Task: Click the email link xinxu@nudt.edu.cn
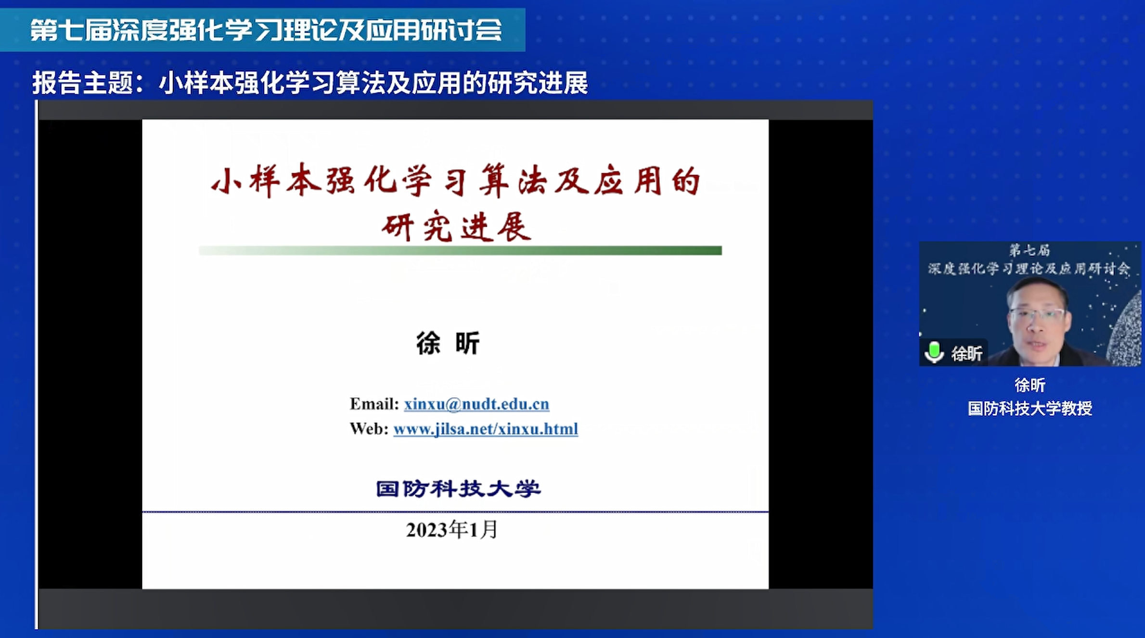point(476,404)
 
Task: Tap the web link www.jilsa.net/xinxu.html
point(486,429)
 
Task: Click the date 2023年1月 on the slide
point(451,530)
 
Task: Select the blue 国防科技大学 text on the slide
point(458,489)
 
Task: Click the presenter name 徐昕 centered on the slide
point(448,343)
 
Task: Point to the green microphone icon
point(934,352)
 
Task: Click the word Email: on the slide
point(374,404)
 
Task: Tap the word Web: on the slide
point(369,429)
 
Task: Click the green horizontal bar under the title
point(460,250)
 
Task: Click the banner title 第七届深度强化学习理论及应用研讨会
point(266,30)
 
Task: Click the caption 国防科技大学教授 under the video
point(1030,408)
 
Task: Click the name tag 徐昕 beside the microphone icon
point(966,354)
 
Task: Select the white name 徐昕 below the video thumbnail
point(1030,385)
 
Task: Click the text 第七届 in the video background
point(1029,250)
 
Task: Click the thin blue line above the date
point(455,512)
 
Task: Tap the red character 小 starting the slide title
point(226,182)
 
